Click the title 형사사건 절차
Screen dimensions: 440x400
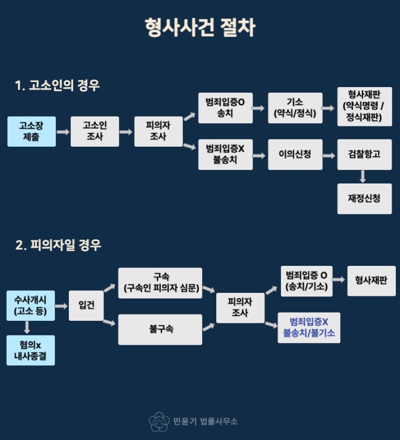200,27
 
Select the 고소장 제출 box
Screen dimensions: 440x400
32,132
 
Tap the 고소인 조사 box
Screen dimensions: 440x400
95,132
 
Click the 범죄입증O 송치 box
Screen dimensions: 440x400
226,108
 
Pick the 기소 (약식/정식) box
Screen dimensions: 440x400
295,108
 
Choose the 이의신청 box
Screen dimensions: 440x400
295,154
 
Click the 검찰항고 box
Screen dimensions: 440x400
364,154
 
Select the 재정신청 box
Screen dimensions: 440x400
364,198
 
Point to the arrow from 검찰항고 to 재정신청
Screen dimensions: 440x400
363,176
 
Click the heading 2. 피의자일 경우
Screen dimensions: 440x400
58,245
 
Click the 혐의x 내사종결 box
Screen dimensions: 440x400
31,350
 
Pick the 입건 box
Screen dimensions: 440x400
86,306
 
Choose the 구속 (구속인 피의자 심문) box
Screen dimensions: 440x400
160,283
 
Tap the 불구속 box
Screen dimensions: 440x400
160,329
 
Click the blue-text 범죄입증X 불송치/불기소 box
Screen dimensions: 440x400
309,328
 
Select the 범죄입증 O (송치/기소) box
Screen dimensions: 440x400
306,281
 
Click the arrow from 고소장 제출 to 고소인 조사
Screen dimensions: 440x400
63,132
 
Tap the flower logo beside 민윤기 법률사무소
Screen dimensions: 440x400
159,421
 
